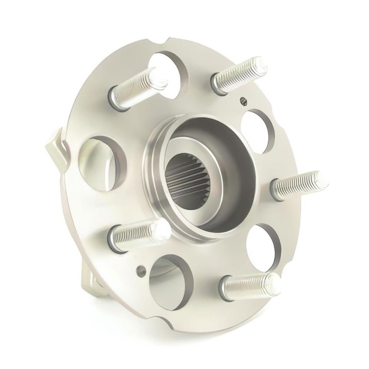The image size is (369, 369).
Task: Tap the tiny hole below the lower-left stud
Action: (141, 270)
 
